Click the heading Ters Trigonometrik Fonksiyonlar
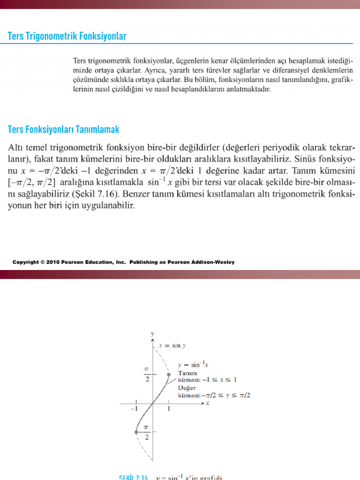67,36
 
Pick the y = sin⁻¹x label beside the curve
193,364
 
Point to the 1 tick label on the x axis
169,409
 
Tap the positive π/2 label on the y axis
147,374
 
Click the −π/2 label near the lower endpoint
146,432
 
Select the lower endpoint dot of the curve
136,431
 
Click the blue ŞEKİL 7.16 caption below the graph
134,477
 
